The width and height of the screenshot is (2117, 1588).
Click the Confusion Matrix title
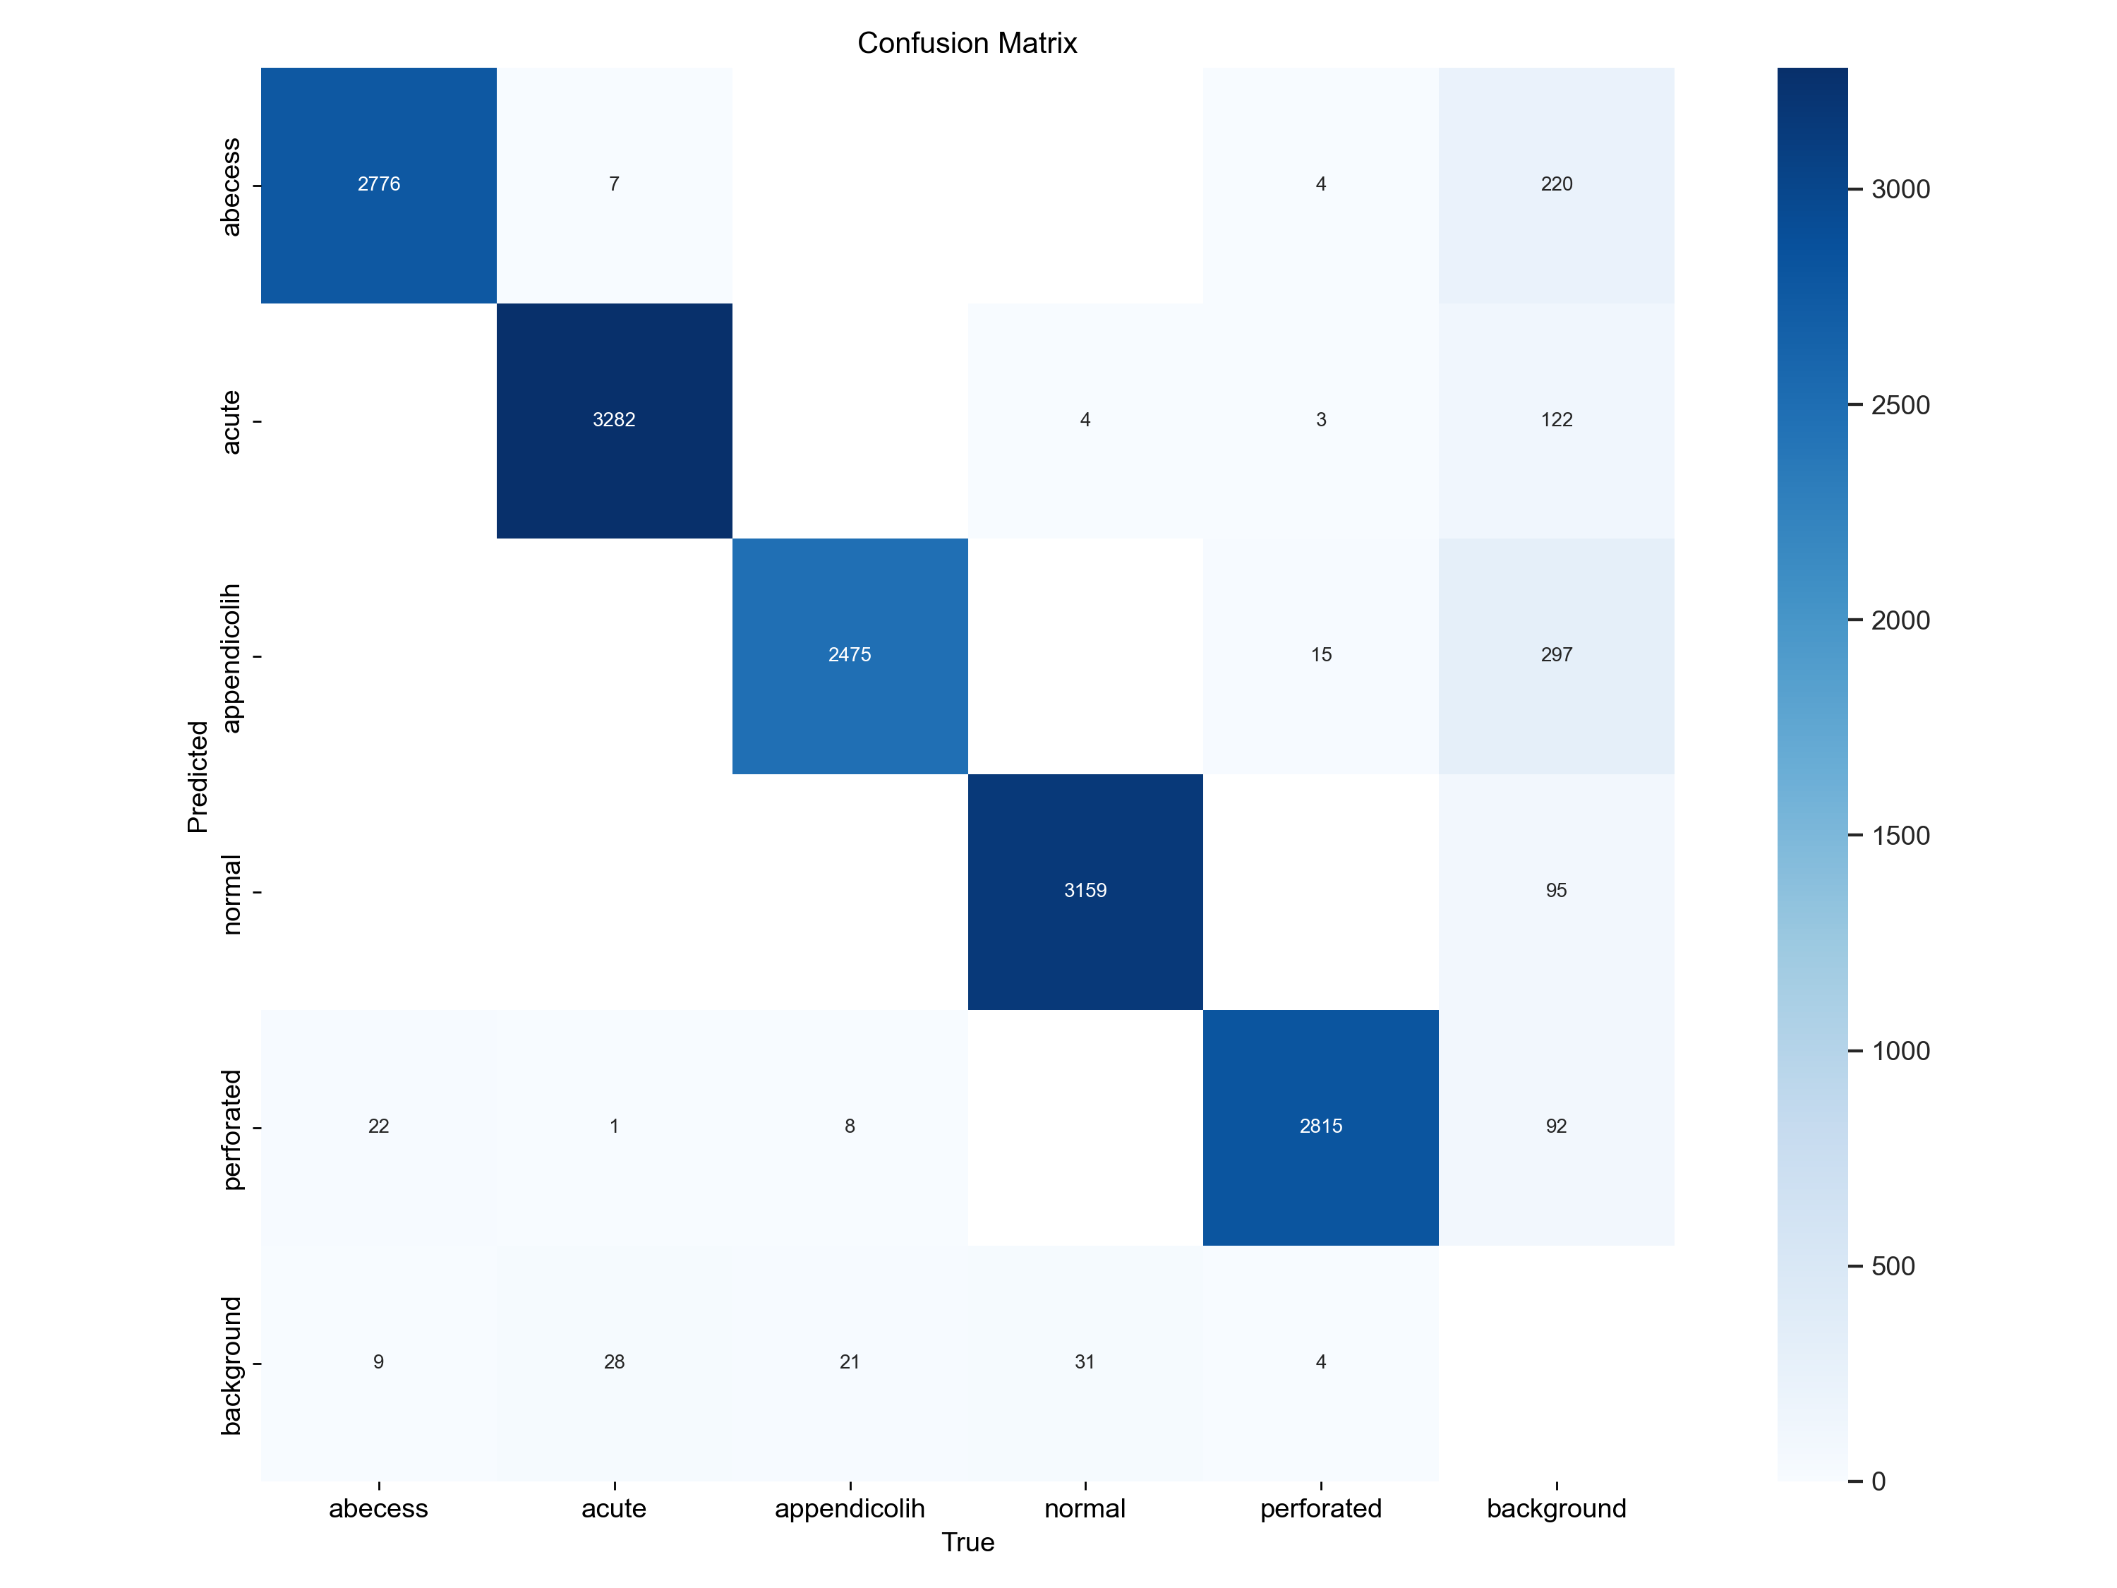(x=967, y=43)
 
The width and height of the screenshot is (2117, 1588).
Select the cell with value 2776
(x=378, y=184)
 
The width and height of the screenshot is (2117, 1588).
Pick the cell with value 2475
(x=849, y=655)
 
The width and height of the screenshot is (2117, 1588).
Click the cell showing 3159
(x=1085, y=890)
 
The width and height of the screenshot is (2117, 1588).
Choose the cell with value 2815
(x=1321, y=1126)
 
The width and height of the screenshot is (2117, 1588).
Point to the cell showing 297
(x=1556, y=655)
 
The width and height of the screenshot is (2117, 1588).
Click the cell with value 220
(x=1556, y=184)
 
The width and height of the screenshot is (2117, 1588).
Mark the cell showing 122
(x=1556, y=419)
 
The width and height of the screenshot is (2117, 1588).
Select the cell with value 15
(x=1321, y=655)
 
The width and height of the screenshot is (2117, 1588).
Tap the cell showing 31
(x=1085, y=1361)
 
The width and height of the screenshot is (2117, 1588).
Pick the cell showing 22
(x=378, y=1126)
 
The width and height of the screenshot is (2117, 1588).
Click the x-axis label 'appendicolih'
(x=849, y=1508)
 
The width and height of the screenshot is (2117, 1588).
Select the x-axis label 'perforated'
(x=1321, y=1508)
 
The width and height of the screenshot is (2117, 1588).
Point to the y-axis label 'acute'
(x=231, y=421)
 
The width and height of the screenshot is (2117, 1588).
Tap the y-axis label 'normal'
(x=231, y=894)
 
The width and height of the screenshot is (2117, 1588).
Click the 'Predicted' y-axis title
(x=197, y=776)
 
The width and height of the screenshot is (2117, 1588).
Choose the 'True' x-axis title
(x=967, y=1542)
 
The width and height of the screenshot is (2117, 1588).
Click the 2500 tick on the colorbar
(x=1900, y=405)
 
